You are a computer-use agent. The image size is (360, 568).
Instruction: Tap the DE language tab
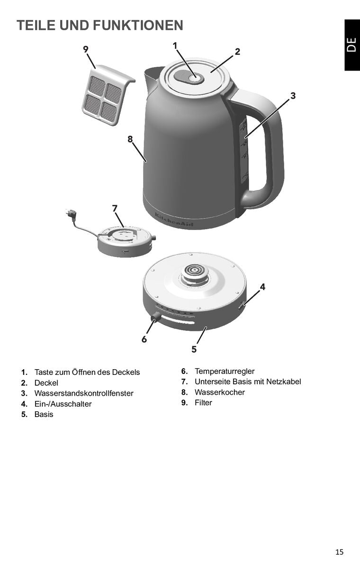pyautogui.click(x=351, y=44)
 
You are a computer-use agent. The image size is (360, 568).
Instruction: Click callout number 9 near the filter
pyautogui.click(x=86, y=49)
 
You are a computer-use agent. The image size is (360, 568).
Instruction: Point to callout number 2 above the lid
pyautogui.click(x=237, y=52)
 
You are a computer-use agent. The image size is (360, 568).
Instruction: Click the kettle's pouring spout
pyautogui.click(x=152, y=76)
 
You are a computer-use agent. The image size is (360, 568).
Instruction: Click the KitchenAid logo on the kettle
pyautogui.click(x=174, y=221)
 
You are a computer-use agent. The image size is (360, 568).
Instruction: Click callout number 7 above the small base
pyautogui.click(x=115, y=208)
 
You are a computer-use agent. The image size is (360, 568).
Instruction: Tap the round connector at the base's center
pyautogui.click(x=195, y=274)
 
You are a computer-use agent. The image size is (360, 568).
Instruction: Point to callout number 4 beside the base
pyautogui.click(x=262, y=287)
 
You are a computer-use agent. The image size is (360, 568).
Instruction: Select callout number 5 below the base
pyautogui.click(x=194, y=349)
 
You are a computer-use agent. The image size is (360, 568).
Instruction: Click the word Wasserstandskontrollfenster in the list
pyautogui.click(x=84, y=393)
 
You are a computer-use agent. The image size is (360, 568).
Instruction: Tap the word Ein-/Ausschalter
pyautogui.click(x=63, y=404)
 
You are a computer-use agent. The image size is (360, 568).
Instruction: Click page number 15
pyautogui.click(x=339, y=551)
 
